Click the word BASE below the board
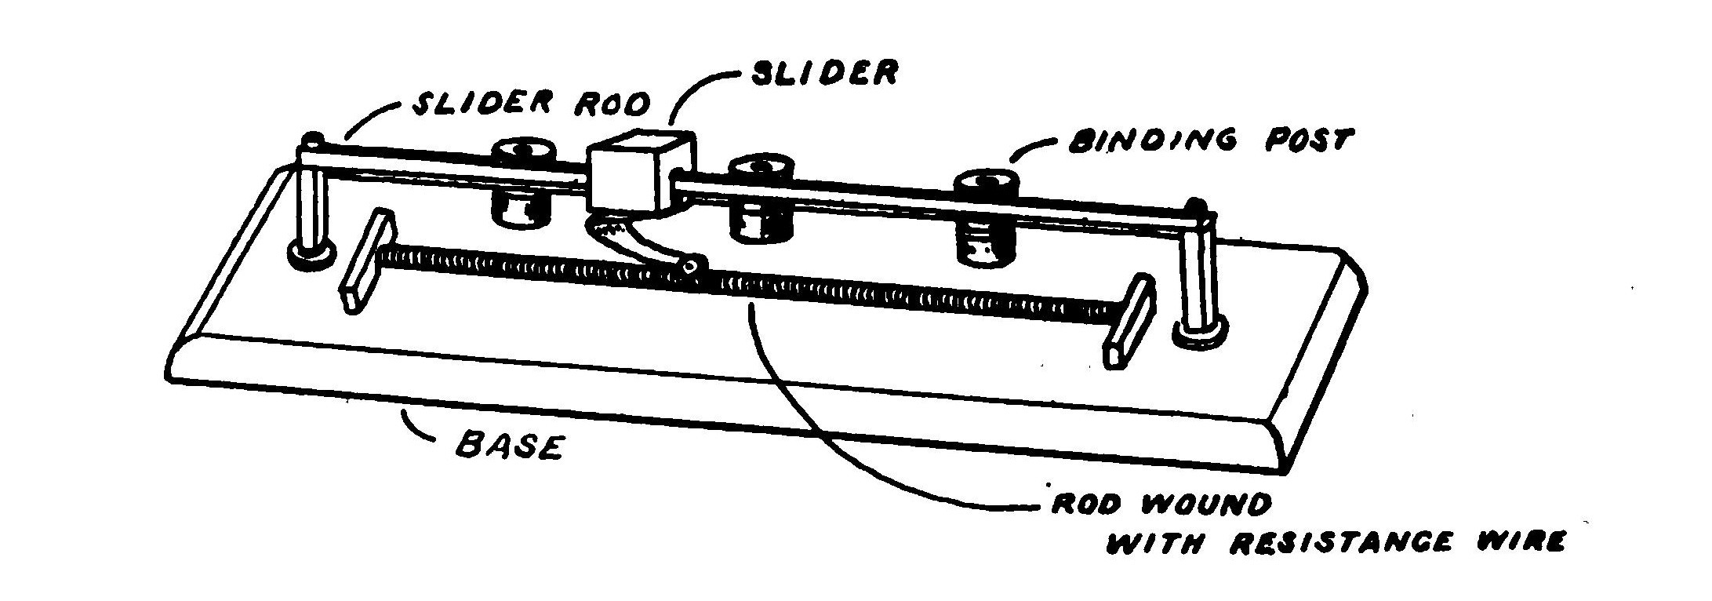[x=510, y=447]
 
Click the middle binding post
[x=760, y=199]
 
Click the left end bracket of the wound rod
[x=367, y=262]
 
